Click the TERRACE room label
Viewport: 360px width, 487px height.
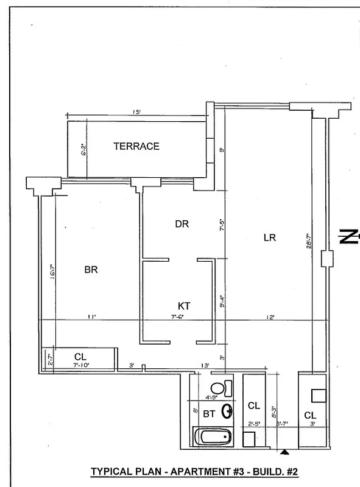(x=136, y=146)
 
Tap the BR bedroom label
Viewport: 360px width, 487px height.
(x=91, y=270)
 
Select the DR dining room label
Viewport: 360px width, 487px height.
(x=182, y=224)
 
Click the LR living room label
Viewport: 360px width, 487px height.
(x=270, y=238)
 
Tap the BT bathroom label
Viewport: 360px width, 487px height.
(x=209, y=414)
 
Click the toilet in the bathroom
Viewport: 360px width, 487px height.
(x=220, y=388)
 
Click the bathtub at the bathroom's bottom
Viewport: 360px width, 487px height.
(x=213, y=436)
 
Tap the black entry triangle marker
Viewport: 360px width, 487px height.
(x=284, y=452)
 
